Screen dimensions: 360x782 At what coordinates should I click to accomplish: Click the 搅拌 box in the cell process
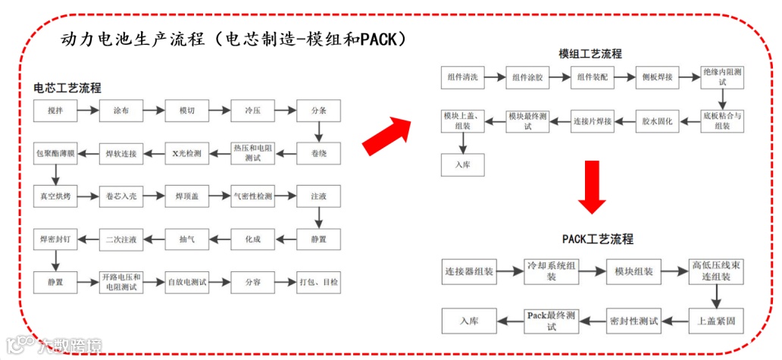click(x=55, y=111)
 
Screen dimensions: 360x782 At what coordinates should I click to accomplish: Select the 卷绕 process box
click(x=318, y=154)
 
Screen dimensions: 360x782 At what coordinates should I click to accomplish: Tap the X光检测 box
click(x=186, y=154)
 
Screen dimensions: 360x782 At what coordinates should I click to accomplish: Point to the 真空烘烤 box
click(x=55, y=196)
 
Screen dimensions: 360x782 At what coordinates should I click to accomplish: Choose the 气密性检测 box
click(x=252, y=196)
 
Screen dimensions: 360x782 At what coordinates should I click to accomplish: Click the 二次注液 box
click(x=121, y=239)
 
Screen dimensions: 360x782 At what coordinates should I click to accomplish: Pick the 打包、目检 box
click(x=318, y=282)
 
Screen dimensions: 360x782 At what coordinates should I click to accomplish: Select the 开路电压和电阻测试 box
click(x=121, y=282)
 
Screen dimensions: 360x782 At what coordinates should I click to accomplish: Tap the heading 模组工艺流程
click(x=590, y=54)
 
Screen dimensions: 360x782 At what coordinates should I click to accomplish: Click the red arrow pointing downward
click(x=592, y=186)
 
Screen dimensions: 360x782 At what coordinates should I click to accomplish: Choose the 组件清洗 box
click(x=462, y=77)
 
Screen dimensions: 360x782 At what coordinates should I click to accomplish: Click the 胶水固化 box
click(x=657, y=120)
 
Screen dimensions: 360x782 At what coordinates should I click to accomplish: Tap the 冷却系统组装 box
click(x=552, y=271)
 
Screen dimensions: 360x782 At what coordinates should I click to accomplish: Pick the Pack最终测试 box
click(x=552, y=321)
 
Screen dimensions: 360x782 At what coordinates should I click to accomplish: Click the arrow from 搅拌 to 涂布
click(x=88, y=111)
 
